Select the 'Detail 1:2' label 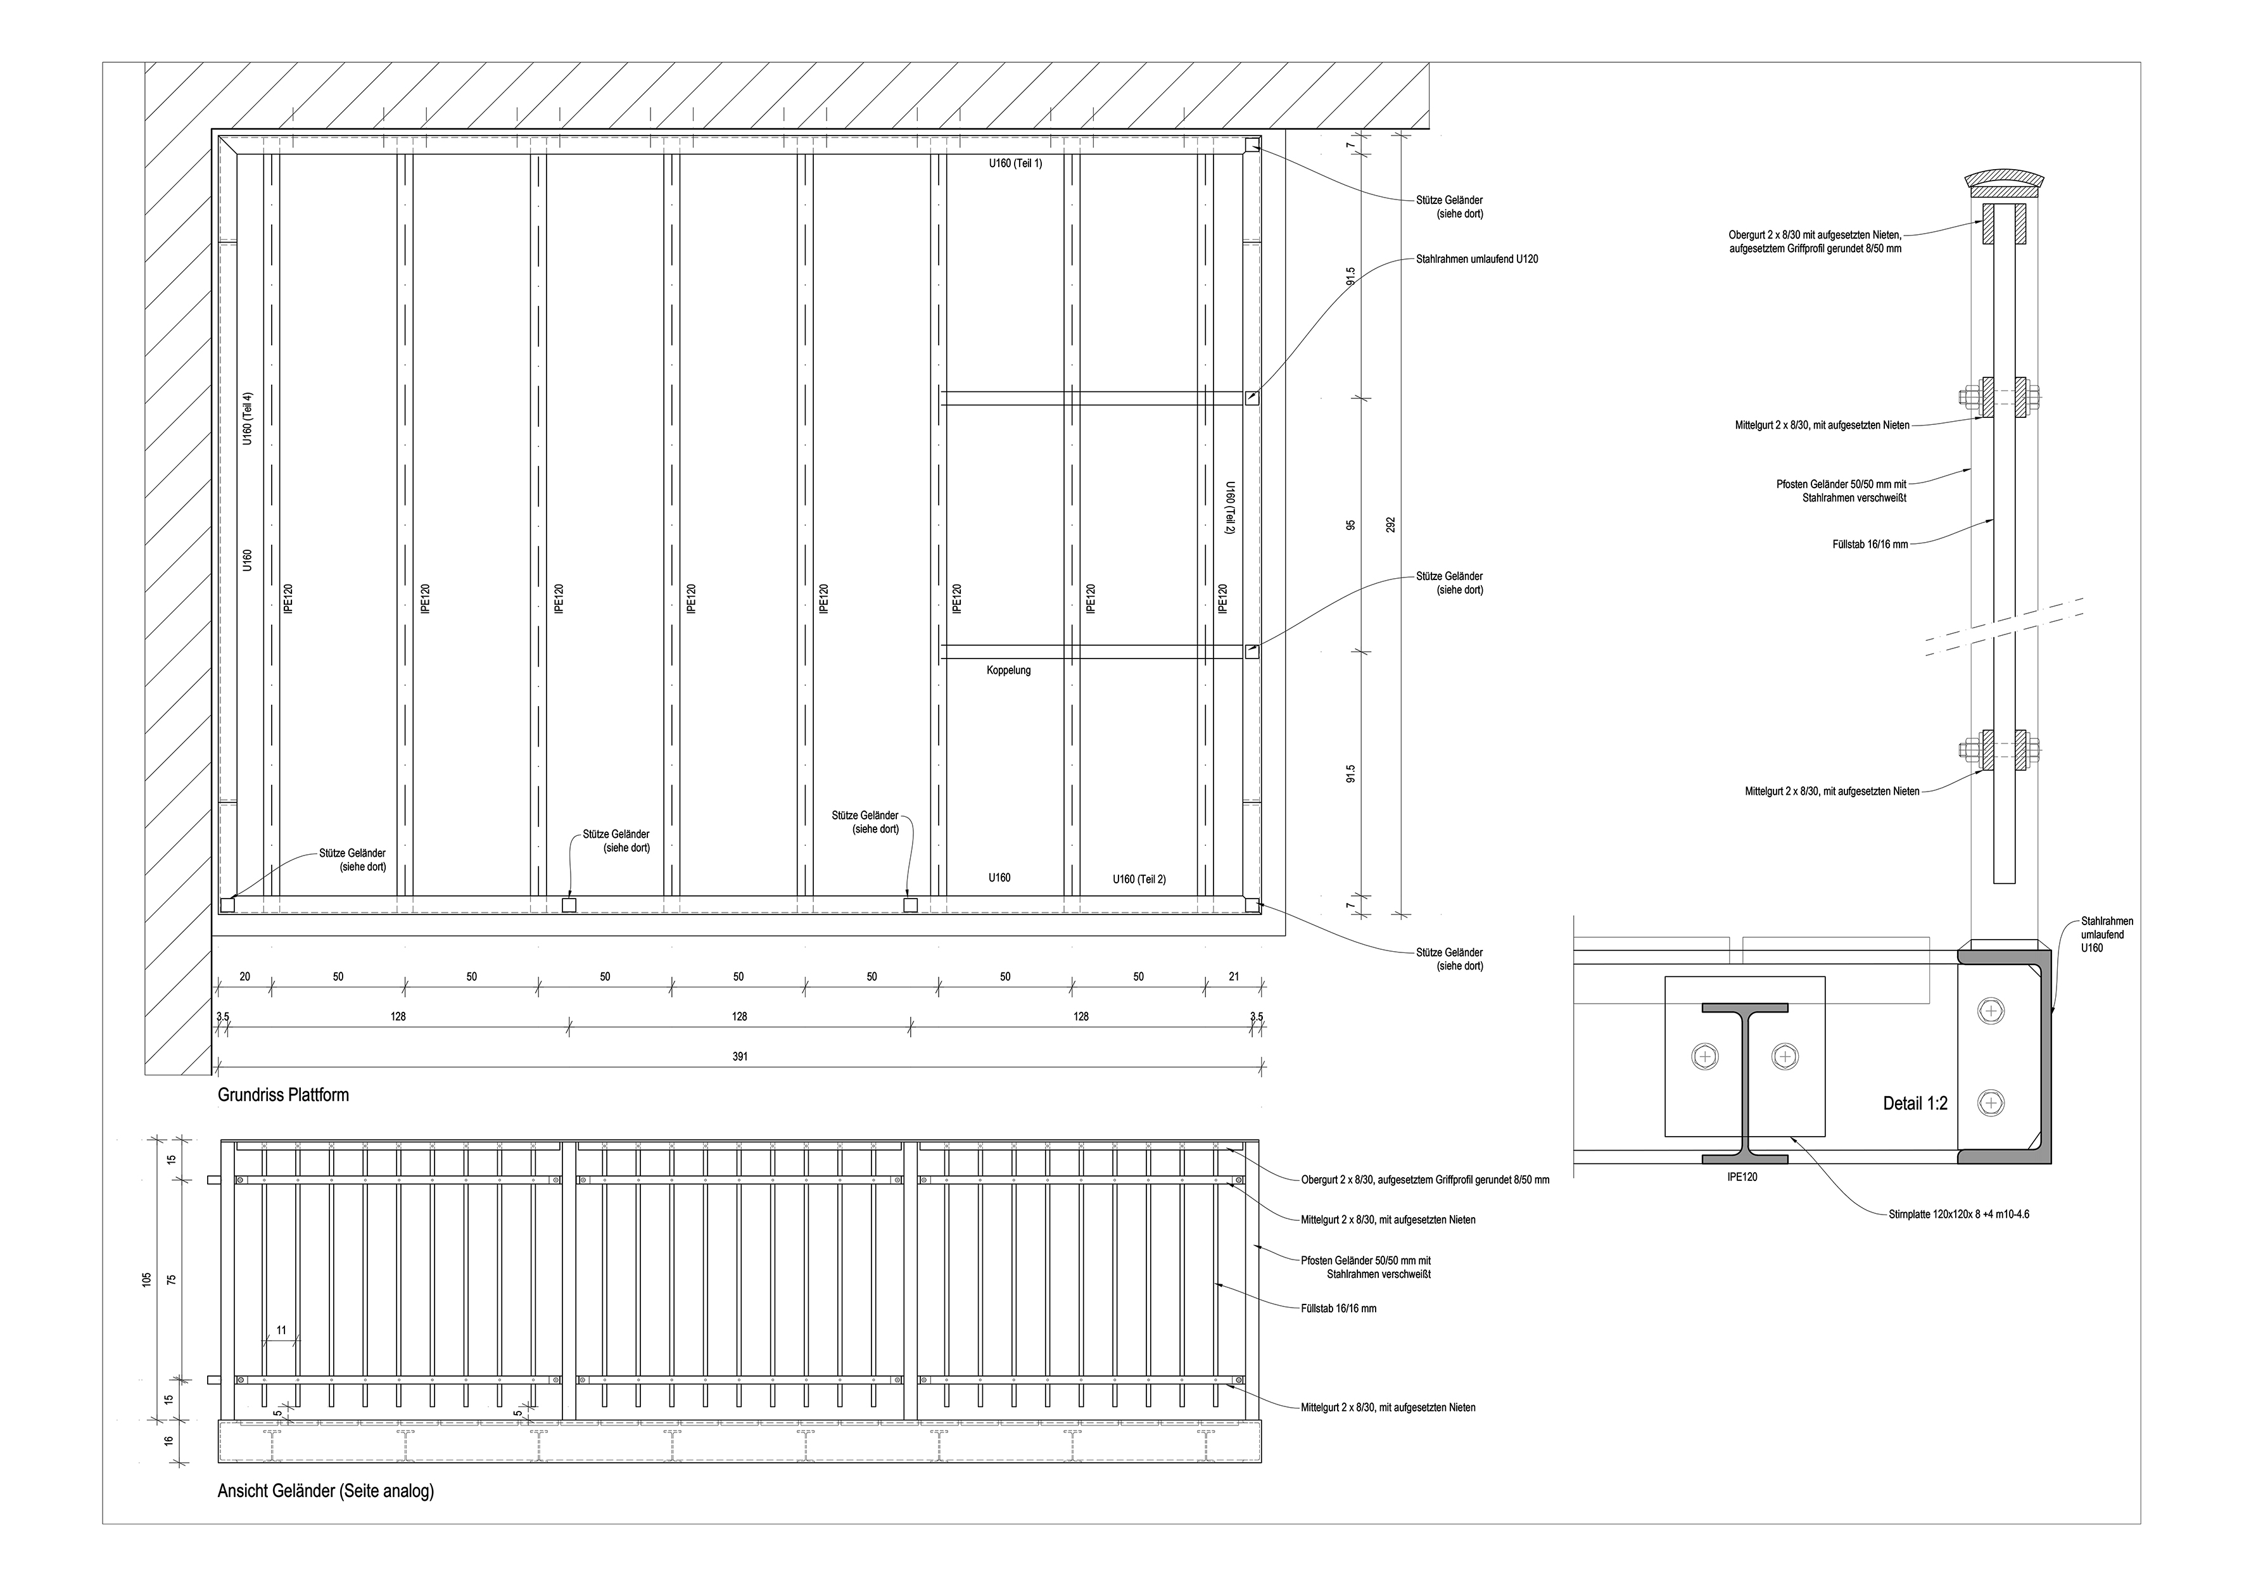tap(1915, 1103)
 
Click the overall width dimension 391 tap(740, 1056)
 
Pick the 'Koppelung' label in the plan tap(1008, 671)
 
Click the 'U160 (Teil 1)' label tap(1015, 163)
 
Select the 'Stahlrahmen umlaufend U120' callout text tap(1477, 259)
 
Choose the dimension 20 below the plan tap(244, 976)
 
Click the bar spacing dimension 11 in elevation tap(281, 1330)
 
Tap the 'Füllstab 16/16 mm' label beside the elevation tap(1338, 1308)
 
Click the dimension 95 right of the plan tap(1351, 525)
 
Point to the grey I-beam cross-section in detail tap(1744, 1083)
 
